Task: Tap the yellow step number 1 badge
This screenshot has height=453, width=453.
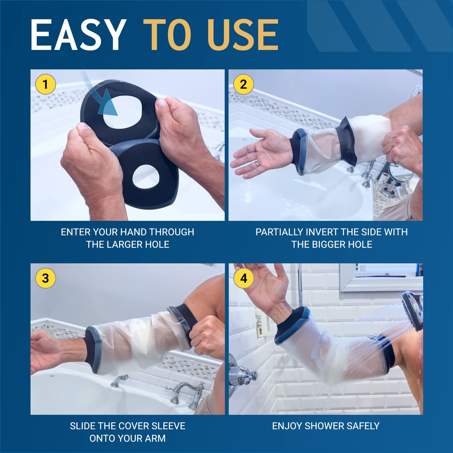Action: tap(45, 84)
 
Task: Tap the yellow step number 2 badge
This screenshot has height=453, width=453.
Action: tap(243, 84)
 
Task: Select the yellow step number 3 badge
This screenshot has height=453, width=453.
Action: tap(45, 278)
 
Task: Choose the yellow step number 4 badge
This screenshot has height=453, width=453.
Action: tap(243, 278)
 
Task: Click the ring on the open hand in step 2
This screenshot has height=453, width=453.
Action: tap(257, 163)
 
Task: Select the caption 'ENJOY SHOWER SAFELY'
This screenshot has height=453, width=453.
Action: tap(325, 426)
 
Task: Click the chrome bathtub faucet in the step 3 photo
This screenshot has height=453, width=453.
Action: tap(187, 394)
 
